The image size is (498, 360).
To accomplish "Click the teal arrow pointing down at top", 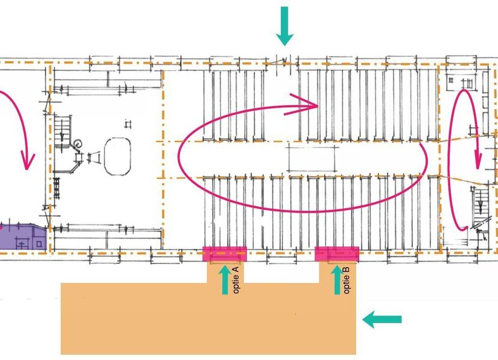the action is (284, 26).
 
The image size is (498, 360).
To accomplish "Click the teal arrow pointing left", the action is (382, 319).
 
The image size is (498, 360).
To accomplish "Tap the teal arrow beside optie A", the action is (225, 280).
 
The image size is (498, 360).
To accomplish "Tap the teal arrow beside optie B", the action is (337, 280).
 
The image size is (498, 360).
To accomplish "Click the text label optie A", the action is (236, 280).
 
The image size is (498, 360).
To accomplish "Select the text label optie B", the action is (347, 280).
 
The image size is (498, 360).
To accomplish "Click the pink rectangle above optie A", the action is (225, 254).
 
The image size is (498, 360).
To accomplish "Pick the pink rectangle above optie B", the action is (337, 254).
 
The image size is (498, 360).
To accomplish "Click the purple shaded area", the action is (22, 237).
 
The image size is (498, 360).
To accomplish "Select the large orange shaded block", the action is (208, 318).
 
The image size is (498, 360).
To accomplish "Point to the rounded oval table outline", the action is (118, 157).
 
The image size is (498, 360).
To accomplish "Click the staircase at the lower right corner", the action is (480, 207).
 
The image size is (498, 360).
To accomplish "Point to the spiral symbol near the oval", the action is (78, 145).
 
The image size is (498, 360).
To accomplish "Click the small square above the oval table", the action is (128, 124).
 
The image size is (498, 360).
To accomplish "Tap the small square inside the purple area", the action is (39, 244).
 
